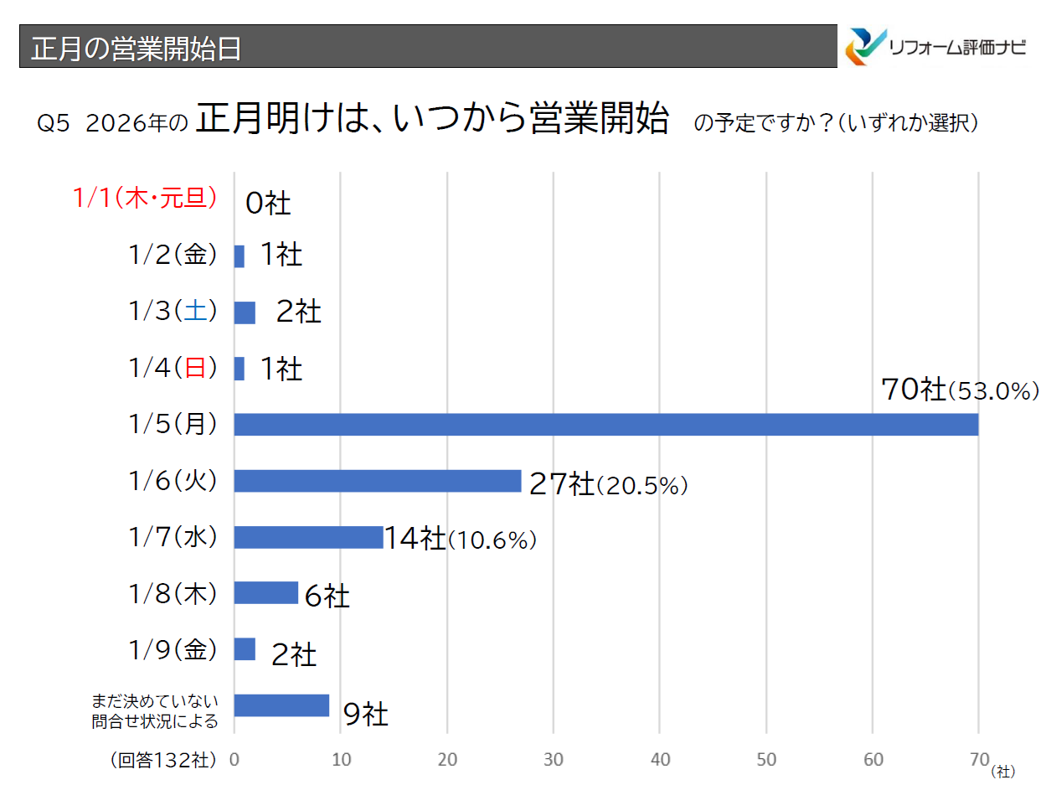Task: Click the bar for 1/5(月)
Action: coord(606,425)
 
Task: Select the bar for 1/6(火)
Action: coord(378,481)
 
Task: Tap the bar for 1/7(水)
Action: coord(308,537)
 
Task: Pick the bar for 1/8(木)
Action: coord(265,593)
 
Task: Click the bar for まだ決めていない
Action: coord(281,705)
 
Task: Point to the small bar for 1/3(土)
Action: coord(245,312)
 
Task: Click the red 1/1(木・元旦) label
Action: coord(145,198)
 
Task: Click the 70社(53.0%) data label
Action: coord(960,390)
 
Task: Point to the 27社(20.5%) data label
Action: coord(608,485)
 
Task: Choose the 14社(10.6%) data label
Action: coord(460,540)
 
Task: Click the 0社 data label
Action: coord(268,203)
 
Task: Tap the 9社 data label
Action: coord(365,715)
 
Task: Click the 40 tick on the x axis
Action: coord(660,760)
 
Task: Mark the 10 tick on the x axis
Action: coord(341,760)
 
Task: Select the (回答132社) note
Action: coord(163,760)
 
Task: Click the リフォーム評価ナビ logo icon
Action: coord(865,46)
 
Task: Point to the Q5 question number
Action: coord(52,124)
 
